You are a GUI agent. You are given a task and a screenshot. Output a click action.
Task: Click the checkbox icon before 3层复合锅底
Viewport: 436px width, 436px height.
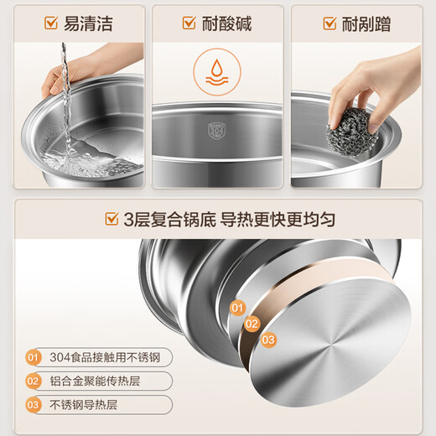pyautogui.click(x=110, y=220)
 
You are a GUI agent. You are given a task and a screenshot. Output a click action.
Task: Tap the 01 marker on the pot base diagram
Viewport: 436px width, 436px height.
pyautogui.click(x=236, y=308)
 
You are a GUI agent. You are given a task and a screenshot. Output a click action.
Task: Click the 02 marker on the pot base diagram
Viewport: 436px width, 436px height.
pyautogui.click(x=252, y=324)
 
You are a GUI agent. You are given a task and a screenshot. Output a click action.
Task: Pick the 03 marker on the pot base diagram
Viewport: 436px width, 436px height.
pyautogui.click(x=267, y=340)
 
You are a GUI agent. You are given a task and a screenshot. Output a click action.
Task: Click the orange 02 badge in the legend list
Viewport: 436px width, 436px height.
pyautogui.click(x=33, y=381)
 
